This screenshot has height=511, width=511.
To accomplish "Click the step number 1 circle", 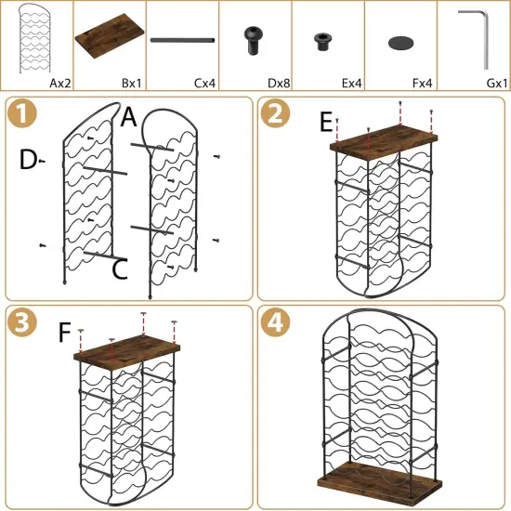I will [21, 118].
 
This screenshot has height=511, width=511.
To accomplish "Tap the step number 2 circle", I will [275, 118].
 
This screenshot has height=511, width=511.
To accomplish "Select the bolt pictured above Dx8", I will [254, 39].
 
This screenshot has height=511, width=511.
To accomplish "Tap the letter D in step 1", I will [27, 161].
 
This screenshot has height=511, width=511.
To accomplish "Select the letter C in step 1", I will [119, 270].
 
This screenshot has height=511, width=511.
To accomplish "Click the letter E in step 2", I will [325, 122].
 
